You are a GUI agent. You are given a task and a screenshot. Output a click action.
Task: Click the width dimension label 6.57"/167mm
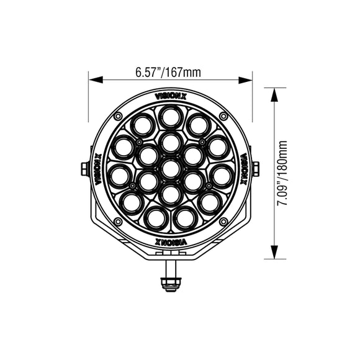coord(168,73)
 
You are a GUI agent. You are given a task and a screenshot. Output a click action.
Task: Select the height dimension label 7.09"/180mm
coord(284,172)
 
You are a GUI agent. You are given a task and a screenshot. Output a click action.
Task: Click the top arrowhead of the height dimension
coord(274,90)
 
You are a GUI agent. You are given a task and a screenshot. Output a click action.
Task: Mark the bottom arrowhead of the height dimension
coord(274,255)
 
